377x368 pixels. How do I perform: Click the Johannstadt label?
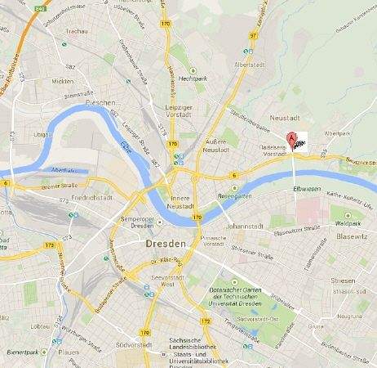tap(247, 227)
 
